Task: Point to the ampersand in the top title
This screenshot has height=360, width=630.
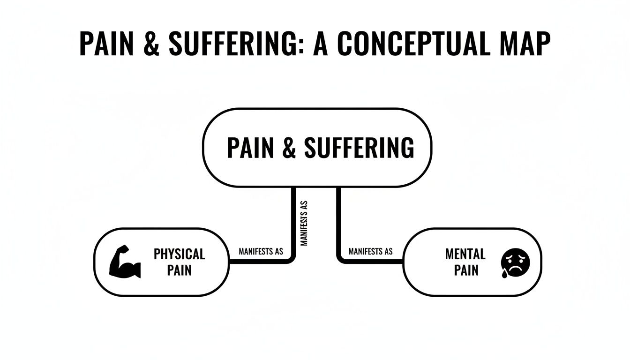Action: coord(150,45)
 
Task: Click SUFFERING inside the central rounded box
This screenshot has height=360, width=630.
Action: coord(359,148)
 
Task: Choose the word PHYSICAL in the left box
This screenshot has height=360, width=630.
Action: coord(179,254)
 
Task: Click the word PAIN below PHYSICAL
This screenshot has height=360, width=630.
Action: coord(179,270)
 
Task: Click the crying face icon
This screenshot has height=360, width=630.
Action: coord(515,262)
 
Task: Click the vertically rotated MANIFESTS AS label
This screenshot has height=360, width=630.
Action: coord(304,224)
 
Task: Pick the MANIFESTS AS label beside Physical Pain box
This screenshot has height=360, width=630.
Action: coord(261,252)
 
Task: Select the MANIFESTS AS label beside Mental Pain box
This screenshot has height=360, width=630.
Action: coord(370,252)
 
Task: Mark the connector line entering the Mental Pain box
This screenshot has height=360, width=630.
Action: coord(375,261)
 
